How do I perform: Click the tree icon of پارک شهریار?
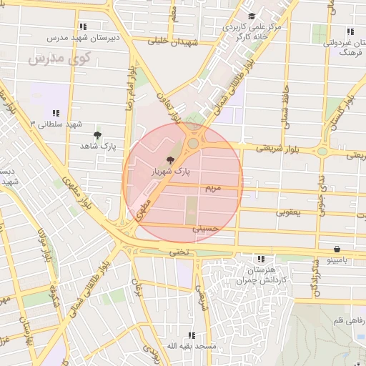coord(169,160)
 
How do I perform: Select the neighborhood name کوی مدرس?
coord(58,59)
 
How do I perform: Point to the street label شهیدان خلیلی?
coord(172,41)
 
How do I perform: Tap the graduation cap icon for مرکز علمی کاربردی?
coord(250,16)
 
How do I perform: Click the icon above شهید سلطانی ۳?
coord(55,113)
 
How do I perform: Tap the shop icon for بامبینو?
coord(337,249)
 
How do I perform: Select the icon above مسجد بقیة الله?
coord(191,335)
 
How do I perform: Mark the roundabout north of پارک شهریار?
coord(193,144)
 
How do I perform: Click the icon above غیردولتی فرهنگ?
coord(350,31)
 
